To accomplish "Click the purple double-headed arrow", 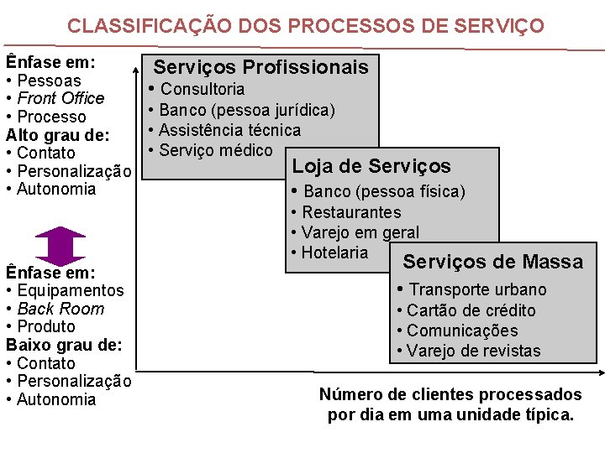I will pyautogui.click(x=60, y=245).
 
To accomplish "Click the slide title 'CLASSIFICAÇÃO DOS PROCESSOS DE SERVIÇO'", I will pyautogui.click(x=306, y=26).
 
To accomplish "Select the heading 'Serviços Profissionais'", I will pyautogui.click(x=261, y=67).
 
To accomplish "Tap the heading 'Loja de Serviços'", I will pyautogui.click(x=371, y=166).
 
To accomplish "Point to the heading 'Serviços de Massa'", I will pyautogui.click(x=492, y=262).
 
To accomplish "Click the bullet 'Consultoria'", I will pyautogui.click(x=203, y=89).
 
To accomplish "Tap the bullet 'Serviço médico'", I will pyautogui.click(x=216, y=150).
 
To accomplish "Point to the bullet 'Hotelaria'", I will pyautogui.click(x=334, y=253).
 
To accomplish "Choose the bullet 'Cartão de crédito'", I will pyautogui.click(x=471, y=310).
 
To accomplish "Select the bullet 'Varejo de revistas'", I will pyautogui.click(x=473, y=351).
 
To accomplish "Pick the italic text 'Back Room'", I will pyautogui.click(x=60, y=309).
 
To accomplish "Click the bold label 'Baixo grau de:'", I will pyautogui.click(x=64, y=345).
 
